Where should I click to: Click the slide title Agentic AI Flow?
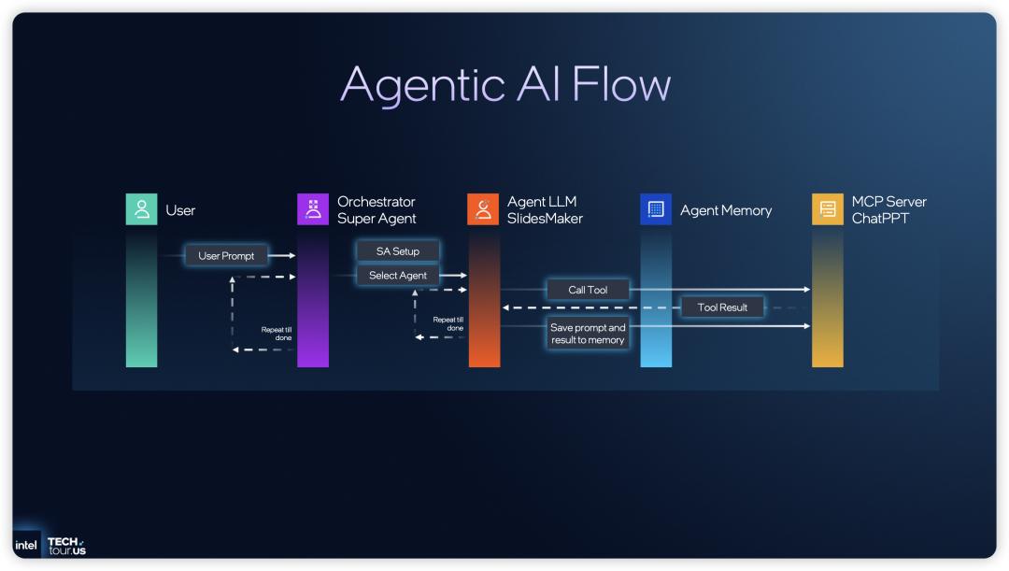pyautogui.click(x=504, y=85)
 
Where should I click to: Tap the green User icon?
pyautogui.click(x=142, y=209)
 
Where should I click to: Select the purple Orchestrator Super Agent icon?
pyautogui.click(x=313, y=209)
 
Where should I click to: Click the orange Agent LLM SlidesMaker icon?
pyautogui.click(x=483, y=209)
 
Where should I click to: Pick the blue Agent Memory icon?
pyautogui.click(x=656, y=209)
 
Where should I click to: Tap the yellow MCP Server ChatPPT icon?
pyautogui.click(x=827, y=209)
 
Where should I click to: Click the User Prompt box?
pyautogui.click(x=226, y=255)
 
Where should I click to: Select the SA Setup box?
pyautogui.click(x=398, y=251)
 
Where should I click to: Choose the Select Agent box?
pyautogui.click(x=398, y=276)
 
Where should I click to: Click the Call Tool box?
pyautogui.click(x=588, y=290)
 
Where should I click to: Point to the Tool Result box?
pyautogui.click(x=722, y=307)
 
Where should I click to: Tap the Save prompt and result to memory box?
pyautogui.click(x=588, y=334)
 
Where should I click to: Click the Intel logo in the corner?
pyautogui.click(x=26, y=545)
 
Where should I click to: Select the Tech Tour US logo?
pyautogui.click(x=65, y=546)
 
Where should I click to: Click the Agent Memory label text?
pyautogui.click(x=726, y=210)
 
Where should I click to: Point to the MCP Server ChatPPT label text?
pyautogui.click(x=888, y=209)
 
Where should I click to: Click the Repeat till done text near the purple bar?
pyautogui.click(x=277, y=333)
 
